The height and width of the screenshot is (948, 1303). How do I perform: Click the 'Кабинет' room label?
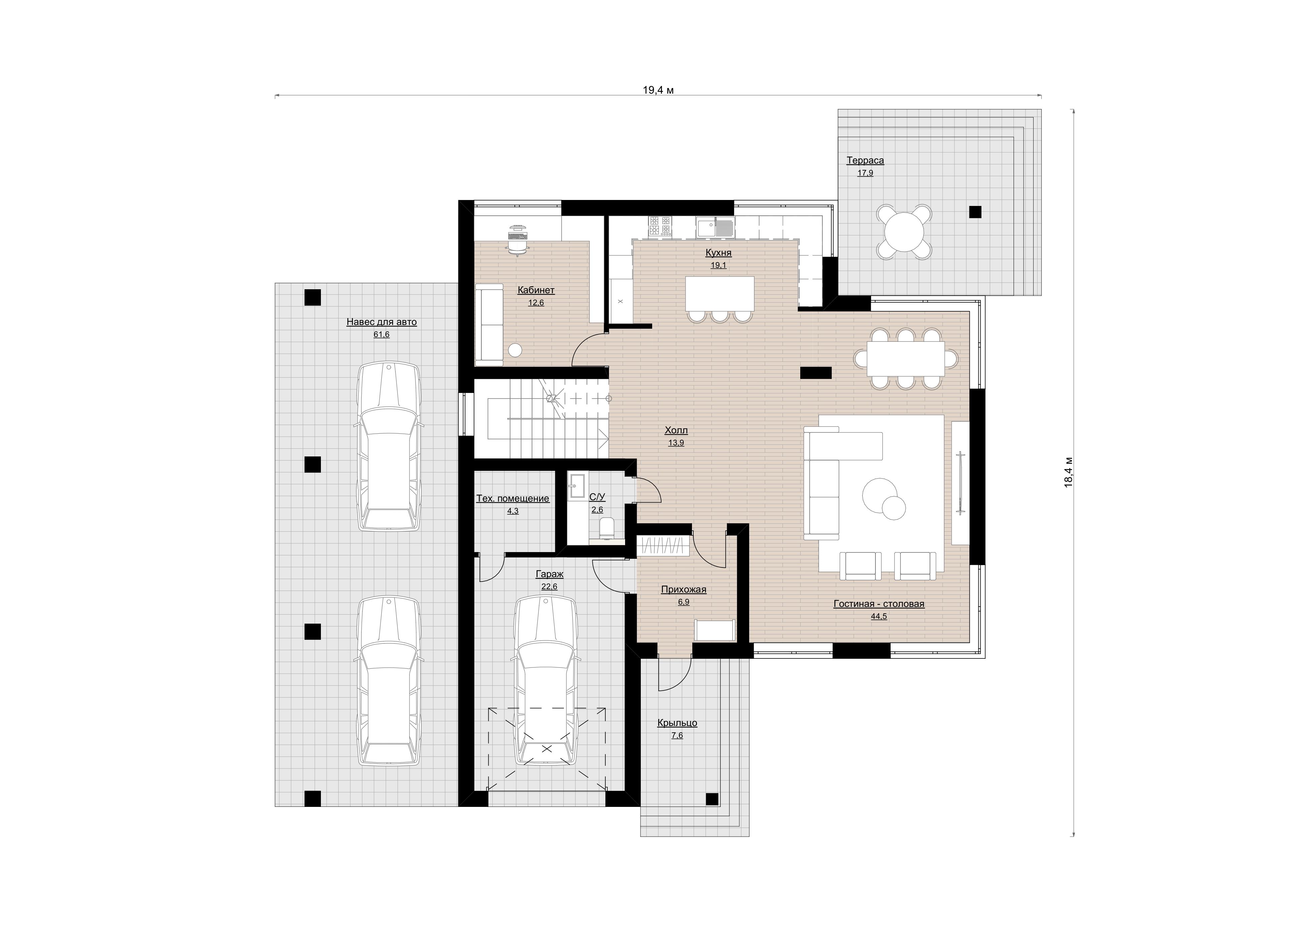(536, 290)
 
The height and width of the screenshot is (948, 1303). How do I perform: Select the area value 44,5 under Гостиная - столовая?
(879, 617)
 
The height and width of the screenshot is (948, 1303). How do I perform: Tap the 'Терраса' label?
(865, 160)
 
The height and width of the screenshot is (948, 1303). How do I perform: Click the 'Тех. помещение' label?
(512, 498)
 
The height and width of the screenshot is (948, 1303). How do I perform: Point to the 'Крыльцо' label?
(677, 723)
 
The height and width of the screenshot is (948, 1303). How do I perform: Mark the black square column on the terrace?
(975, 212)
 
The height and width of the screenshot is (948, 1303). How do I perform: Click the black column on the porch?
(712, 799)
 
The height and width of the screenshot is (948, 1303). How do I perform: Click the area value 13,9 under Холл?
(676, 443)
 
